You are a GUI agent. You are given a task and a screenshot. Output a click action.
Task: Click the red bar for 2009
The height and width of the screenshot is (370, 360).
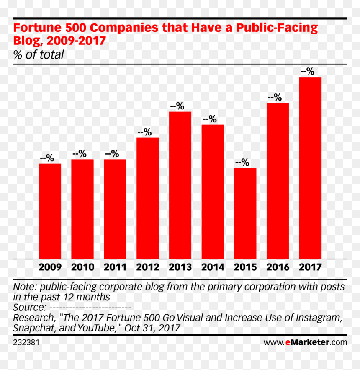(x=50, y=211)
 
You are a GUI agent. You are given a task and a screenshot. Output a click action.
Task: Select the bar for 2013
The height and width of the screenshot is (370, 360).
(x=180, y=185)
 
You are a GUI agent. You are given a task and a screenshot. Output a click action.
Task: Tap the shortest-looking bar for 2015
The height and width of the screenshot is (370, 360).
(x=245, y=214)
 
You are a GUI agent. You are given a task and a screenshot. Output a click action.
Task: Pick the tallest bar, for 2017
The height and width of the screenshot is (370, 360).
(x=310, y=168)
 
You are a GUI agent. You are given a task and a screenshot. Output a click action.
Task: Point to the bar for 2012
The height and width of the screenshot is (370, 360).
(x=148, y=198)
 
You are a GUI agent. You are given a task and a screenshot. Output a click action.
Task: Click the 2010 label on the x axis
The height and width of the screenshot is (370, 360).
(x=82, y=267)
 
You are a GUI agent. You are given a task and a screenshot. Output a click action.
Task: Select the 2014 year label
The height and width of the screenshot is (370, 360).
(x=213, y=267)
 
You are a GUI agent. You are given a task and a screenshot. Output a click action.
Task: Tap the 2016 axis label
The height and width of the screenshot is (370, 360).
(x=278, y=267)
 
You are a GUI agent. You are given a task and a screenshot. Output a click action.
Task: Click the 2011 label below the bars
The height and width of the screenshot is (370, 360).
(x=115, y=267)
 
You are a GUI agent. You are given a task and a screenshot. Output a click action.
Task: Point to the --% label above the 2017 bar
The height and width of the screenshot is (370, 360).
(x=307, y=71)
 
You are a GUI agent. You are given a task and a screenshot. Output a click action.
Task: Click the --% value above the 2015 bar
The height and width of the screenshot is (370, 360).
(x=242, y=162)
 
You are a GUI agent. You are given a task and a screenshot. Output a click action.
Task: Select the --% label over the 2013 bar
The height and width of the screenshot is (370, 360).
(x=177, y=106)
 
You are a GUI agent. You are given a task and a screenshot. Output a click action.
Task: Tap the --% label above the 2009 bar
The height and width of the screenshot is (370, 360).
(x=47, y=158)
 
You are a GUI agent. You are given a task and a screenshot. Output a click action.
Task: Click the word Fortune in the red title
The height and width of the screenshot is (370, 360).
(x=37, y=28)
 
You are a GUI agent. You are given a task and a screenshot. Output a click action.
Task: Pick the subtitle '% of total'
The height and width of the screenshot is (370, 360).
(x=39, y=55)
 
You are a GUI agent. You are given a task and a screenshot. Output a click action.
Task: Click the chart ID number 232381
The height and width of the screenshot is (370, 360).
(x=26, y=342)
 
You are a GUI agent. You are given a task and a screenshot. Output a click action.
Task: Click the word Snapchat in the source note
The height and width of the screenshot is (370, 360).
(x=34, y=328)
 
